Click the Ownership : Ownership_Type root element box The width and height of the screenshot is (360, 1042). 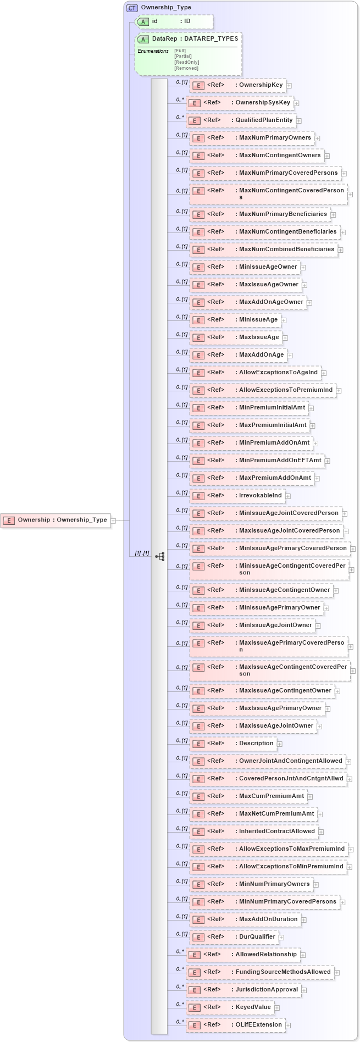[x=55, y=520]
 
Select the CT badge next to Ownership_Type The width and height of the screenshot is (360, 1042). [x=132, y=8]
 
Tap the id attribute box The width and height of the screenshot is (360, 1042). [x=174, y=21]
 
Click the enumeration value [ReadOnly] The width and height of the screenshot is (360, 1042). [x=187, y=62]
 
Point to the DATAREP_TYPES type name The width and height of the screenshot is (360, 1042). [x=211, y=39]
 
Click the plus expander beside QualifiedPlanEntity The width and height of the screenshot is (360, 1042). [x=299, y=120]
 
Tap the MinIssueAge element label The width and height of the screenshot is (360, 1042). [x=258, y=320]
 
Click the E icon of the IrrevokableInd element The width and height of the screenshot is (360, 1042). [x=197, y=496]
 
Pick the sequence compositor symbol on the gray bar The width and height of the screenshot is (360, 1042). [x=160, y=556]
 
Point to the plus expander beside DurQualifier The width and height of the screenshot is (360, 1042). [x=281, y=938]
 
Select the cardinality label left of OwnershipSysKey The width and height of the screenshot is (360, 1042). [x=180, y=100]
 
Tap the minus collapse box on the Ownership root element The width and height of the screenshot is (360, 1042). [x=113, y=520]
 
